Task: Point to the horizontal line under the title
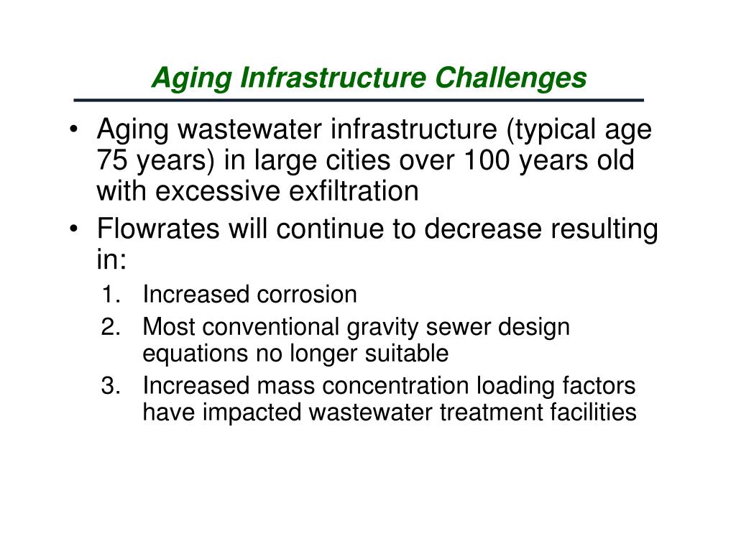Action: pos(359,99)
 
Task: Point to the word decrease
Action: pos(483,230)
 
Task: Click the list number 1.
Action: pos(110,295)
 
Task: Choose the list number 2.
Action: pos(110,328)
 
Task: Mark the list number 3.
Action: pos(110,387)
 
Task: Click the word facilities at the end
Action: pos(596,413)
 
